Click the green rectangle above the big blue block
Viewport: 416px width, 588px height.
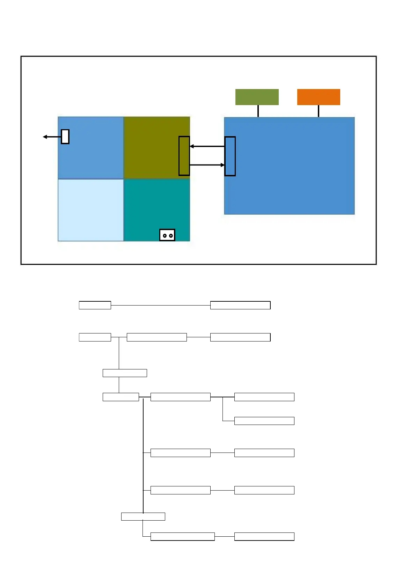[257, 97]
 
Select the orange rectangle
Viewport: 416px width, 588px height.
[319, 97]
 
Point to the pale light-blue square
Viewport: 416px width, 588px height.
[91, 210]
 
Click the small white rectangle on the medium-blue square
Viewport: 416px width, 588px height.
[65, 137]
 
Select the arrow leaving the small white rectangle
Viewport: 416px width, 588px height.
[52, 137]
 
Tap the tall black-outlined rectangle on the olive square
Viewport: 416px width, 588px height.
[184, 156]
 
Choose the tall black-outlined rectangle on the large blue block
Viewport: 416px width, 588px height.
[230, 156]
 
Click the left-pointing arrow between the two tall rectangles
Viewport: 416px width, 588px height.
[207, 146]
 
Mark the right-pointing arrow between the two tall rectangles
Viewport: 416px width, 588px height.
[207, 165]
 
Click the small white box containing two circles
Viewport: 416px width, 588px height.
[167, 235]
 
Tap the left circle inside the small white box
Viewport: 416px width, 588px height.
[165, 236]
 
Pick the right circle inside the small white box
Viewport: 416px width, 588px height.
[170, 236]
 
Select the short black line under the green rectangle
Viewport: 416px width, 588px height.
[258, 111]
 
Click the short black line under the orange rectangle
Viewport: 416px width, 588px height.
[319, 111]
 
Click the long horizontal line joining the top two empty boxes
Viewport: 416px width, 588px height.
[161, 305]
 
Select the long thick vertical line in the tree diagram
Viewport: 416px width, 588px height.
[143, 454]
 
